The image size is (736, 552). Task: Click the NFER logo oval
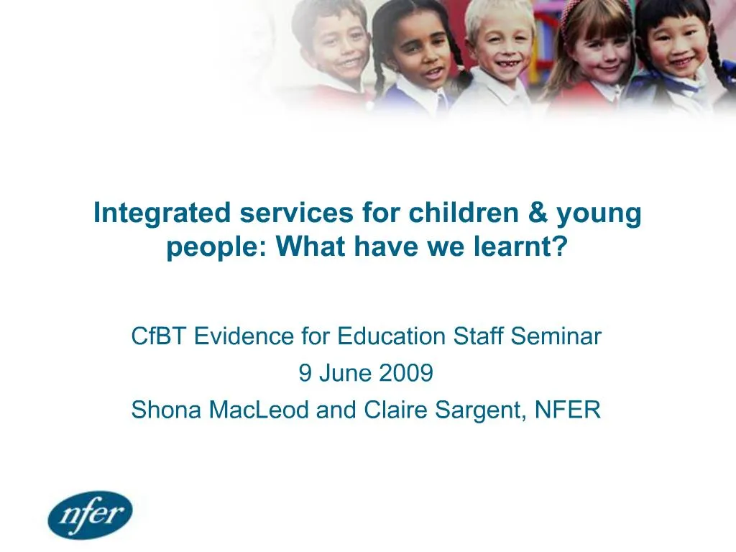tap(91, 515)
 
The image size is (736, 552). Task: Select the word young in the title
tap(605, 215)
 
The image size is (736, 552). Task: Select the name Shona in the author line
tap(167, 410)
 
